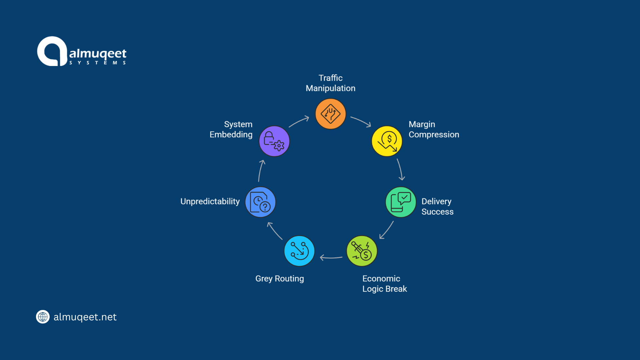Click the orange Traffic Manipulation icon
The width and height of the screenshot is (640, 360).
coord(330,114)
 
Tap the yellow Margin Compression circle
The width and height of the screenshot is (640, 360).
coord(387,141)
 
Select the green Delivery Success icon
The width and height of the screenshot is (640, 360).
coord(401,202)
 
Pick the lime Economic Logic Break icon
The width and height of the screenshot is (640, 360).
coord(362,251)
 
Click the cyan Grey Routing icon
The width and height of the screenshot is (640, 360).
coord(299,251)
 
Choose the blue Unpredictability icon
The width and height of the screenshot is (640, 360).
coord(260,202)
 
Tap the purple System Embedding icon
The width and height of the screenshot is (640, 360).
coord(274,141)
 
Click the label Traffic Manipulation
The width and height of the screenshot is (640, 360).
coord(330,83)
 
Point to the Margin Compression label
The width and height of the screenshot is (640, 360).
coord(434,129)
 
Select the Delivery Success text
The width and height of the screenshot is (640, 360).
coord(437,206)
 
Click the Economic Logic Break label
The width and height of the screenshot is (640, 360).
coord(384,284)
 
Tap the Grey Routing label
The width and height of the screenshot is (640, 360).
coord(279,279)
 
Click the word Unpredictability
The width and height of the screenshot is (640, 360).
coord(210,202)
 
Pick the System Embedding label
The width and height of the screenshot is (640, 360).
coord(231,129)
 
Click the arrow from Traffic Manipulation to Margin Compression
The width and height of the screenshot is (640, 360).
coord(361,121)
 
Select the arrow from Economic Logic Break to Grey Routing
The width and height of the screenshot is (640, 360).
coord(331,257)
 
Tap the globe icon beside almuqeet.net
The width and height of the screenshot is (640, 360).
coord(43,317)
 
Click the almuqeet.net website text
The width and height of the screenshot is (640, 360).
coord(85,317)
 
